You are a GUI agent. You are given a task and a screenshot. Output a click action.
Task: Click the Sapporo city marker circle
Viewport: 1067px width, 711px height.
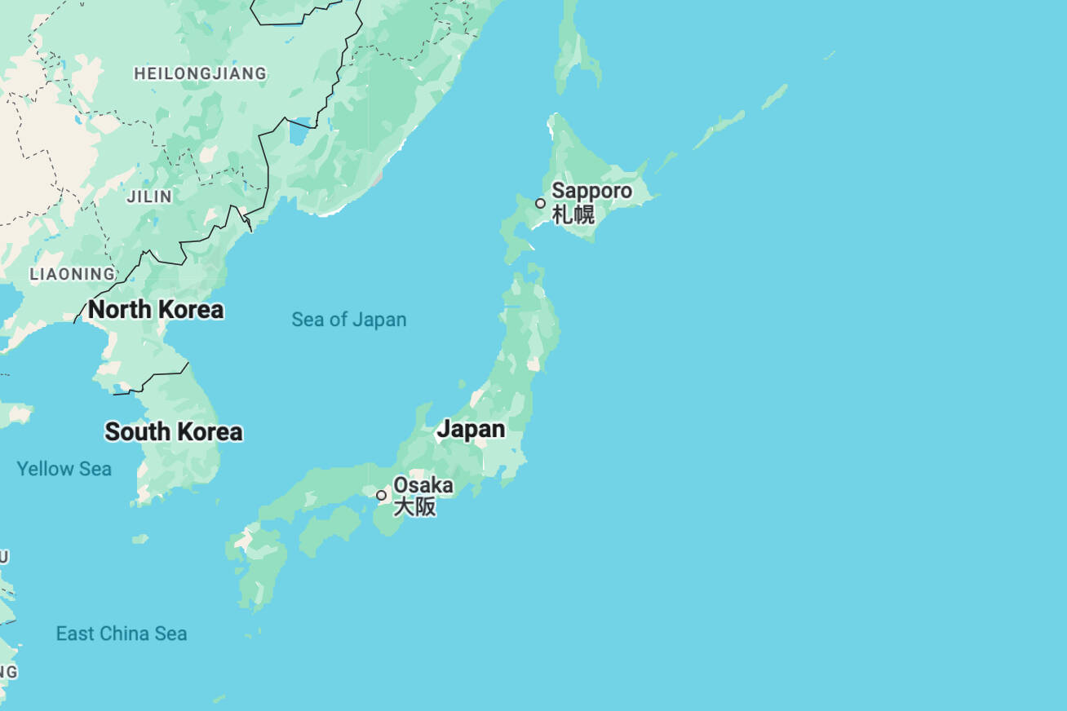pos(540,203)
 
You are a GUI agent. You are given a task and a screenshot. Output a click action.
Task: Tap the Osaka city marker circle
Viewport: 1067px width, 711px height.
pos(381,495)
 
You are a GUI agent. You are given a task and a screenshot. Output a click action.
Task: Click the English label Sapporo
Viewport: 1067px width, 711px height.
pos(591,191)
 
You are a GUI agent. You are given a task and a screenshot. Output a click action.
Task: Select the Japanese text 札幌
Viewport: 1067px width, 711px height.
pos(573,215)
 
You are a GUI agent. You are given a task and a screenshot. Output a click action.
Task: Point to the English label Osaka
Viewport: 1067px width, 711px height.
pos(423,485)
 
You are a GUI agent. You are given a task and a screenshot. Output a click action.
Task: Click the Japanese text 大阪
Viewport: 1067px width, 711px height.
pos(414,507)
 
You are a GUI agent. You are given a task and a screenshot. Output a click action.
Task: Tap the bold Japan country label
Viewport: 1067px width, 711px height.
pos(471,429)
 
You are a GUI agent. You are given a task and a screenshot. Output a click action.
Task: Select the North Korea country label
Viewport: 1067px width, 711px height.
pos(156,310)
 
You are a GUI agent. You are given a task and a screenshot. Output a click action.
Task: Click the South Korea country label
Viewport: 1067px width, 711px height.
pos(173,431)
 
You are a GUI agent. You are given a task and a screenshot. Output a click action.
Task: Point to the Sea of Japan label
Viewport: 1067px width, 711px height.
pos(348,320)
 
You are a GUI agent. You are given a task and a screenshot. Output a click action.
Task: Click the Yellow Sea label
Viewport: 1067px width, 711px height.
pos(64,469)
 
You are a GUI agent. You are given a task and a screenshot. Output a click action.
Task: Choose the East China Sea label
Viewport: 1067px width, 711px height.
pos(121,634)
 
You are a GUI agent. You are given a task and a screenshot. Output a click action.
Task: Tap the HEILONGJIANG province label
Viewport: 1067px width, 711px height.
pos(200,73)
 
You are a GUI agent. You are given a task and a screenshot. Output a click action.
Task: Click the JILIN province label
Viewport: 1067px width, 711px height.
pos(149,197)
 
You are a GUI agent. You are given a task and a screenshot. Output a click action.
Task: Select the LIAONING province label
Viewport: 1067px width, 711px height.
pos(73,274)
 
